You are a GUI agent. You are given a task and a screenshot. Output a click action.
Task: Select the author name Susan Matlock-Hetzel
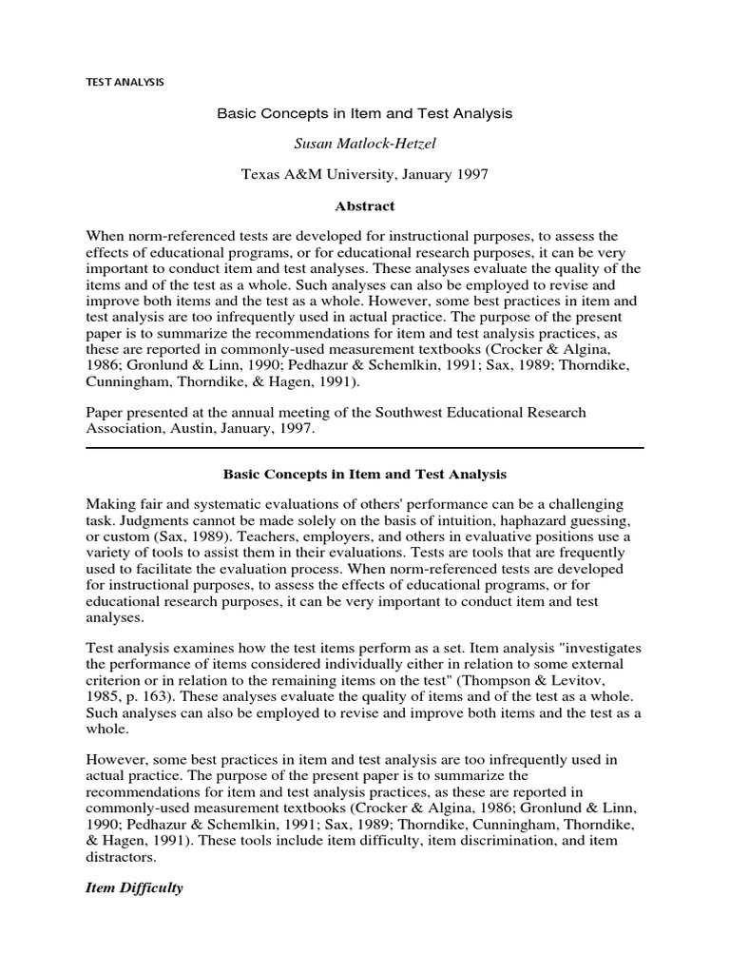pyautogui.click(x=364, y=144)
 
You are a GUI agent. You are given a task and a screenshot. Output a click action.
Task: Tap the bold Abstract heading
pyautogui.click(x=364, y=205)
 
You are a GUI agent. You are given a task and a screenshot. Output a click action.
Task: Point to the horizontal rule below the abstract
pyautogui.click(x=364, y=448)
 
